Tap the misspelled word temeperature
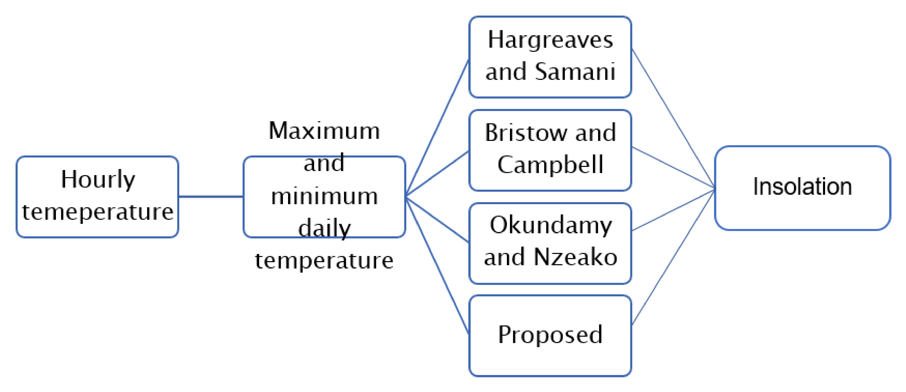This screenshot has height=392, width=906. coord(98,212)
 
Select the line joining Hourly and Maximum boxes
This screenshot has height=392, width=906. coord(211,196)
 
